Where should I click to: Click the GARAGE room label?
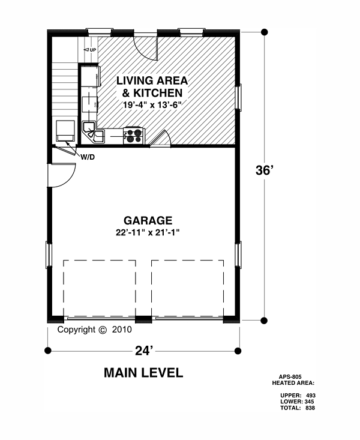[x=148, y=220]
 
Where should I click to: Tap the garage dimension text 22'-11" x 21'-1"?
[x=148, y=233]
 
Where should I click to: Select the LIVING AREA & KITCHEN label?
[x=152, y=86]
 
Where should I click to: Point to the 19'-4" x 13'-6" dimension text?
[x=151, y=104]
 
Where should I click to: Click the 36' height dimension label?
[x=265, y=170]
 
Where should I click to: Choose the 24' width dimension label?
[x=144, y=351]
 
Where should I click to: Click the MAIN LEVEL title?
[x=143, y=373]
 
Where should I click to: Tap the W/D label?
[x=88, y=157]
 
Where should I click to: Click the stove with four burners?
[x=133, y=136]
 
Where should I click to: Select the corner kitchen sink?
[x=93, y=133]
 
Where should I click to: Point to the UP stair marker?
[x=90, y=50]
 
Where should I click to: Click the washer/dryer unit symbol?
[x=65, y=131]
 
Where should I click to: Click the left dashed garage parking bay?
[x=100, y=289]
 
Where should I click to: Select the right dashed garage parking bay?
[x=188, y=289]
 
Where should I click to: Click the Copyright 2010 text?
[x=95, y=330]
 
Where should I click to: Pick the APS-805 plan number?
[x=290, y=377]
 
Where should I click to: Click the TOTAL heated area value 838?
[x=310, y=408]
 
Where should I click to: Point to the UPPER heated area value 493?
[x=311, y=396]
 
